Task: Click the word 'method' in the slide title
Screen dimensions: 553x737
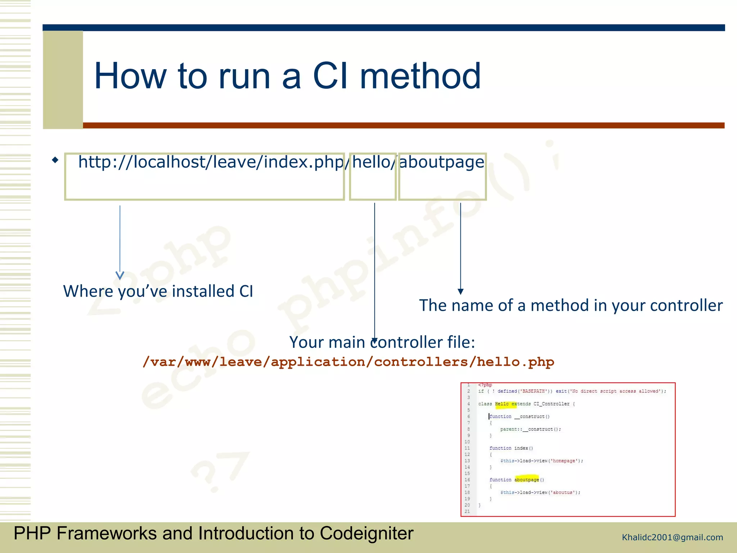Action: click(x=420, y=76)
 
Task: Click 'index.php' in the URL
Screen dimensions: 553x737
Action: click(x=303, y=162)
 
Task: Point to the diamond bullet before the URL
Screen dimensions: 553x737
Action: click(x=55, y=160)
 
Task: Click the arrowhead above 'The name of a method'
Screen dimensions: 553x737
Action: click(x=460, y=291)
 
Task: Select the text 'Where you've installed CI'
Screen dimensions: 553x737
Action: click(x=158, y=291)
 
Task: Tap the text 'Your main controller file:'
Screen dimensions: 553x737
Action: click(x=382, y=342)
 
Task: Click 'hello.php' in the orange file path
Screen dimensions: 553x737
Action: click(x=515, y=362)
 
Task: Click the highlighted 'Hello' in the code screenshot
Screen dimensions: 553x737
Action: click(x=502, y=404)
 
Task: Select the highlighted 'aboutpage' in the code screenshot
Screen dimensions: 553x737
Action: click(x=526, y=480)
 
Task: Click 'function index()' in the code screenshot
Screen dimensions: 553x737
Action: click(x=511, y=448)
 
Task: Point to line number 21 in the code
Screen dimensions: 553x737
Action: click(x=467, y=511)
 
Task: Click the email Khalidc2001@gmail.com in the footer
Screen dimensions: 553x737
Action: click(x=672, y=538)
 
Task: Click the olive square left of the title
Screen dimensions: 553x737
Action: click(x=63, y=79)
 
